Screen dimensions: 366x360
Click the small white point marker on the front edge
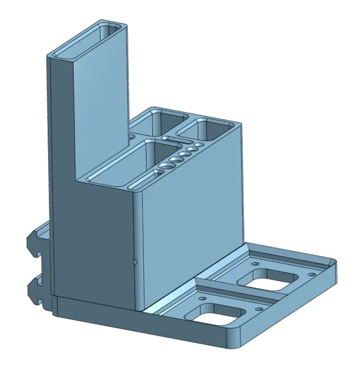[x=135, y=262]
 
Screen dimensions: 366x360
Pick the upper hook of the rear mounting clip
[x=35, y=242]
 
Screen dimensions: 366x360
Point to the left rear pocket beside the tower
[x=155, y=121]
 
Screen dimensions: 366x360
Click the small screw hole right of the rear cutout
[x=311, y=273]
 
